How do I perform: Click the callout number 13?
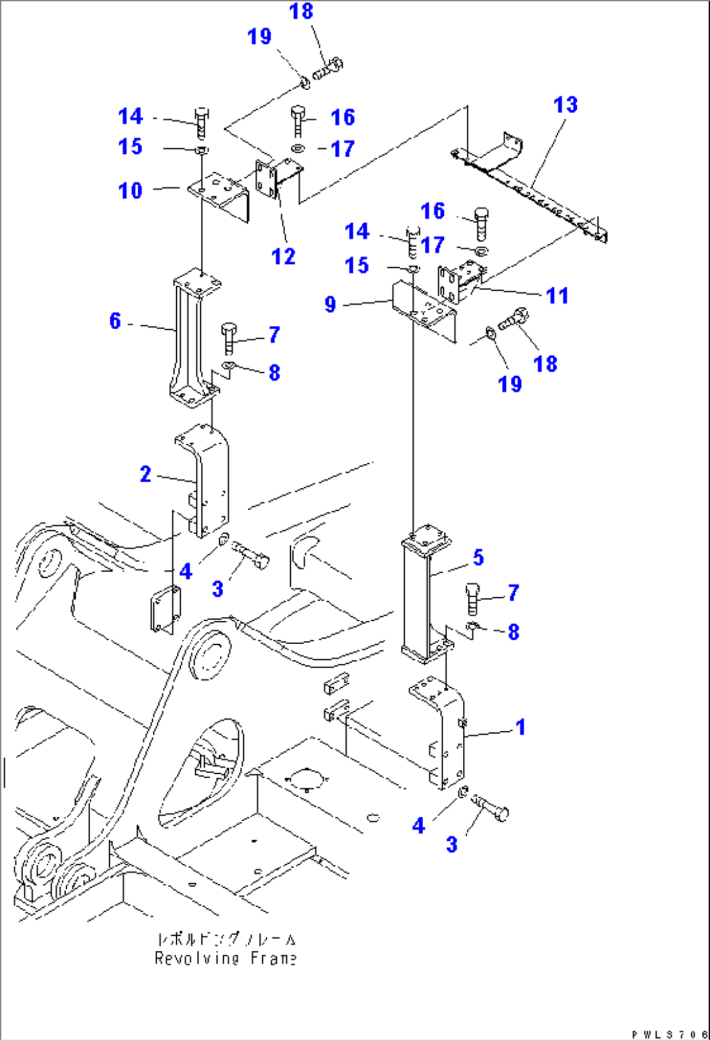click(565, 105)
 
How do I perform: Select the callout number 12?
click(283, 257)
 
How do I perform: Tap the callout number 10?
click(130, 191)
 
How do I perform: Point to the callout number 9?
click(330, 304)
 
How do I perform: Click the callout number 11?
click(557, 296)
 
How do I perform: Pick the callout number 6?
click(115, 320)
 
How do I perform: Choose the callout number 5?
click(478, 557)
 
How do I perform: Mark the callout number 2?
click(145, 474)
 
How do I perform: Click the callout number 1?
click(520, 727)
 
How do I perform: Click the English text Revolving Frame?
click(225, 958)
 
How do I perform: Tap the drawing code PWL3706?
click(669, 1034)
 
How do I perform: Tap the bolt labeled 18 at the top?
click(328, 68)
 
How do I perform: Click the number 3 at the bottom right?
click(451, 844)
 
